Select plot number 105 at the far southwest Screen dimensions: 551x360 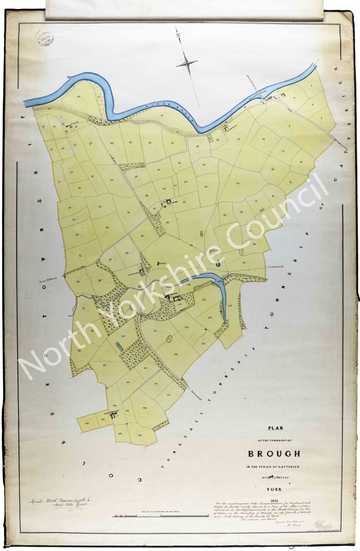86,423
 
